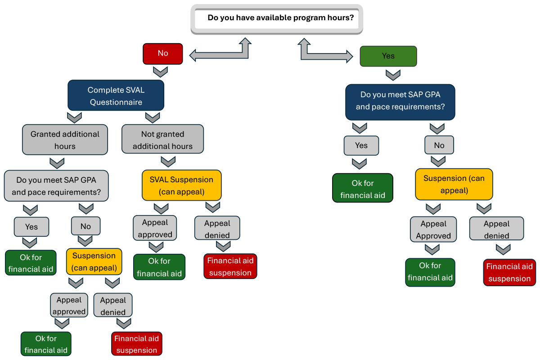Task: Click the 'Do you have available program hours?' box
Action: coord(277,18)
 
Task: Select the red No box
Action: coord(162,54)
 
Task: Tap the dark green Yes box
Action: coord(388,56)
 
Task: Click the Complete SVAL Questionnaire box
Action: coord(116,96)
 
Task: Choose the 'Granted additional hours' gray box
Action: coord(65,140)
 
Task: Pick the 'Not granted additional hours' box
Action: coord(162,140)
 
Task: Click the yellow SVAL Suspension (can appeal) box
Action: coord(181,185)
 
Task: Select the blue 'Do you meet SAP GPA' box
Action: coord(400,101)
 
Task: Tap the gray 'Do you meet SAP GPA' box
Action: coord(56,186)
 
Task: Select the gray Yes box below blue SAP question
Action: coord(361,146)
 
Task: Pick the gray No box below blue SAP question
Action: coord(439,145)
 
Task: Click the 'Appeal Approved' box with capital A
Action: coord(433,230)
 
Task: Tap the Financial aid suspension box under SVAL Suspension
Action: coord(230,266)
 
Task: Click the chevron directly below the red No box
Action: coord(161,72)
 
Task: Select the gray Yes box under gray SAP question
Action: coord(31,227)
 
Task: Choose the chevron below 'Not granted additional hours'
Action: coord(168,162)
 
